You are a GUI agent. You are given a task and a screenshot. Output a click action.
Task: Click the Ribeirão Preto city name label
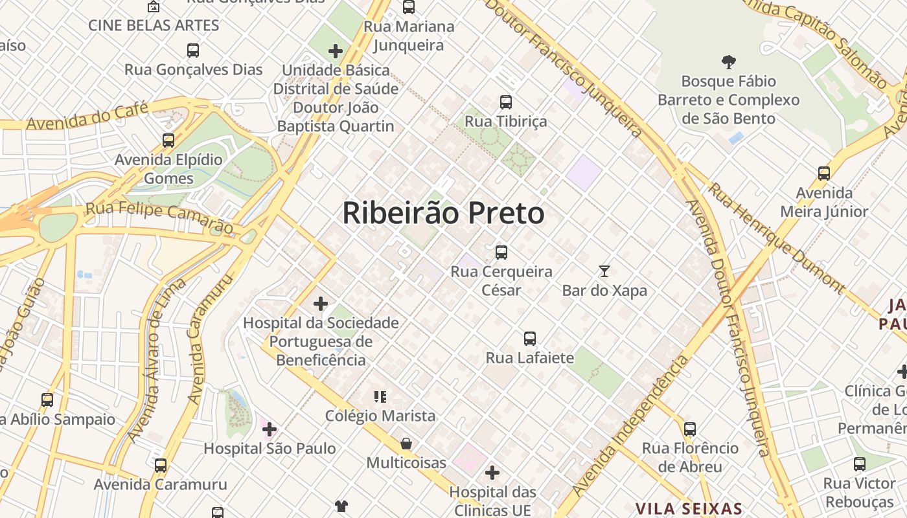point(443,213)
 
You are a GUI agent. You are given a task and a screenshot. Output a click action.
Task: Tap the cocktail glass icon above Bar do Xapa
point(604,271)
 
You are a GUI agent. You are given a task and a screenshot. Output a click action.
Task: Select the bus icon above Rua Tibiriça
point(506,102)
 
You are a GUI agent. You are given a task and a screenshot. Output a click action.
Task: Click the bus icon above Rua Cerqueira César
point(501,253)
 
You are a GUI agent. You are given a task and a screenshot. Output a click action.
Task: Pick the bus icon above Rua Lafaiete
point(530,339)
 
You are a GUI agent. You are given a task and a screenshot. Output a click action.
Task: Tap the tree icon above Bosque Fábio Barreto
point(729,62)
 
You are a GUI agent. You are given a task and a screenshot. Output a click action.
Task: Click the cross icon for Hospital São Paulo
point(270,429)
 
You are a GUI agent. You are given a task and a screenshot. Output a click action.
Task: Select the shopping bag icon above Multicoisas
point(406,444)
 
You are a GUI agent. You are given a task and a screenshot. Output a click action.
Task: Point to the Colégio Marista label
point(380,416)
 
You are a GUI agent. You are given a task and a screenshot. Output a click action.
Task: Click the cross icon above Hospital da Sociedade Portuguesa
point(321,304)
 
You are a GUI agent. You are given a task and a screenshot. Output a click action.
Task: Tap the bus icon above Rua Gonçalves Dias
point(193,51)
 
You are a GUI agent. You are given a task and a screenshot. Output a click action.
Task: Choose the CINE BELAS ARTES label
point(154,26)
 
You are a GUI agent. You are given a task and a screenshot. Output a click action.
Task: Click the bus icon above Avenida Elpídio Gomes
point(168,140)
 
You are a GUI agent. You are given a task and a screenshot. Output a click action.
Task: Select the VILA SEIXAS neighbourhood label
point(688,508)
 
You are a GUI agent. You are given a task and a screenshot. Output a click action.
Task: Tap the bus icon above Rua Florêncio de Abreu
point(690,429)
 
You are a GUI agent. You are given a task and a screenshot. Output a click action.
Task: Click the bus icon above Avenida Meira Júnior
point(824,174)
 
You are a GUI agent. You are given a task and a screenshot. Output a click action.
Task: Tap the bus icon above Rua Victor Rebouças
point(860,464)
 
